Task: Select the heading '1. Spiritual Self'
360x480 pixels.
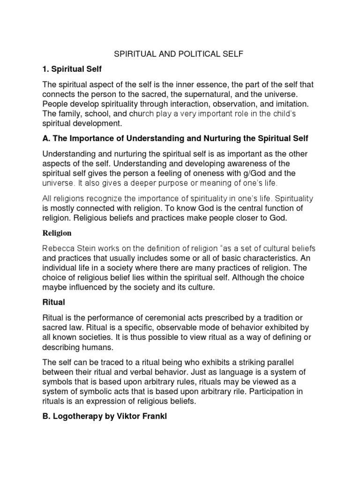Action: click(72, 69)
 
